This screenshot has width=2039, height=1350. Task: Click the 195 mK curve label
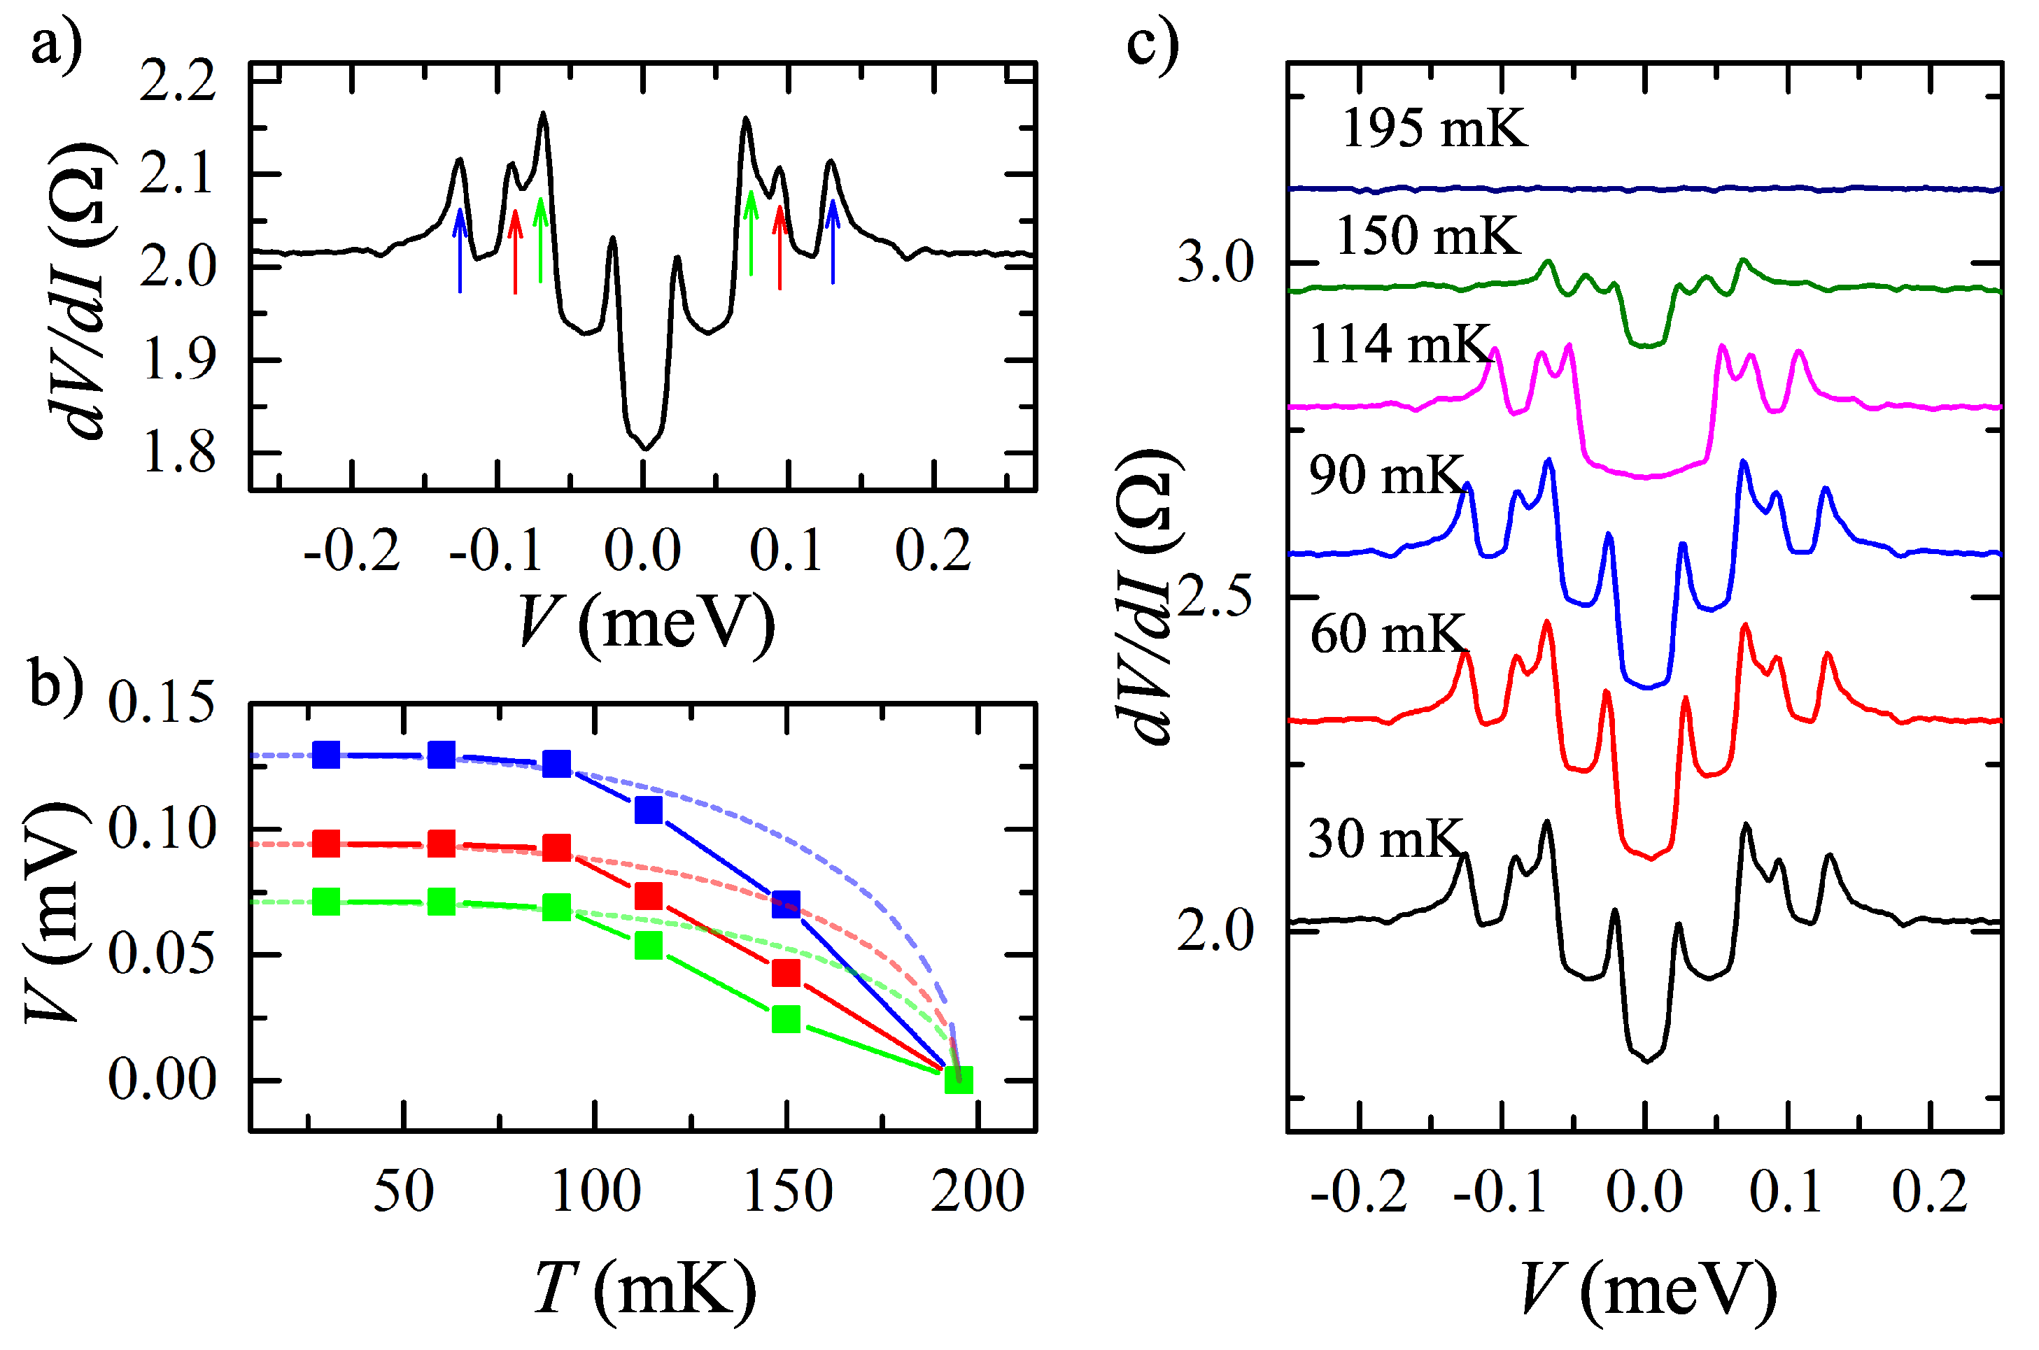click(x=1434, y=129)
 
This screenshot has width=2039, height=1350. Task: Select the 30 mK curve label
click(x=1385, y=838)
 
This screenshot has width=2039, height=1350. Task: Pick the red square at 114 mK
click(x=649, y=896)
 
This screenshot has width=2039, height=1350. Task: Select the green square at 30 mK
click(x=325, y=902)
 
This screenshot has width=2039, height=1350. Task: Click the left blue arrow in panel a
click(x=460, y=250)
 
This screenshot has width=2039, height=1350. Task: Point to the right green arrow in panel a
click(x=751, y=232)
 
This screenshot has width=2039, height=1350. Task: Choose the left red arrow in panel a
click(x=515, y=251)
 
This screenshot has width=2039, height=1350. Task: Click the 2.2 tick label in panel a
click(x=177, y=83)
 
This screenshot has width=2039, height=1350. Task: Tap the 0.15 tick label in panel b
click(x=161, y=702)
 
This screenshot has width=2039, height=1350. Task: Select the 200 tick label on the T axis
click(x=978, y=1192)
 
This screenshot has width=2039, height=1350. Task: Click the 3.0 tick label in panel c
click(x=1215, y=262)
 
